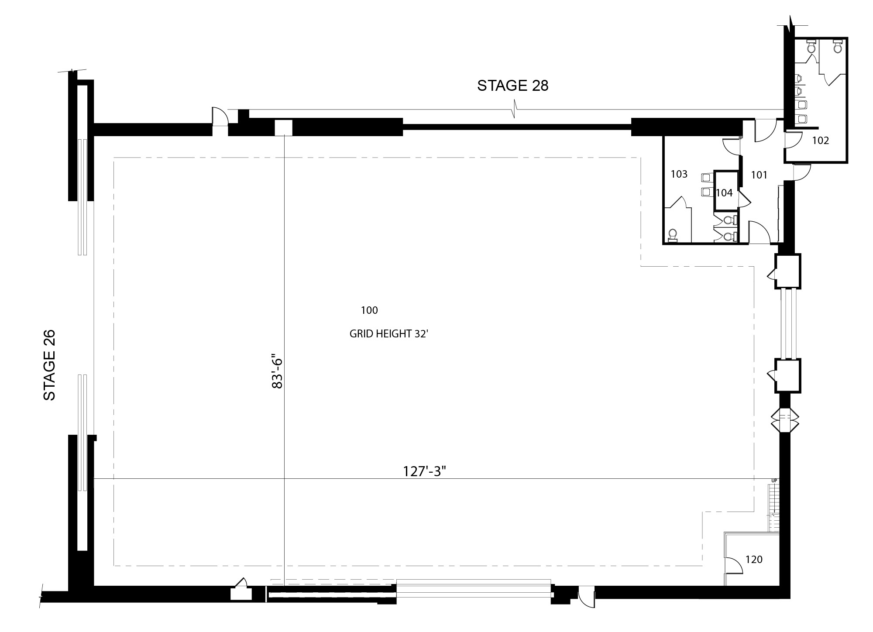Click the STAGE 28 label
point(512,86)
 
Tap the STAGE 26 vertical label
point(50,365)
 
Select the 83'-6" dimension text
point(277,371)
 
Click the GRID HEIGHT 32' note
point(389,334)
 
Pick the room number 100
point(369,310)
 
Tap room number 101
point(759,175)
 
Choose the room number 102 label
point(821,141)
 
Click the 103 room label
point(679,174)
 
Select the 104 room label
point(724,192)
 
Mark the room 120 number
point(754,559)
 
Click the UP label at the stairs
point(774,481)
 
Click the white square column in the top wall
point(283,128)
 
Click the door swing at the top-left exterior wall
point(220,116)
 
